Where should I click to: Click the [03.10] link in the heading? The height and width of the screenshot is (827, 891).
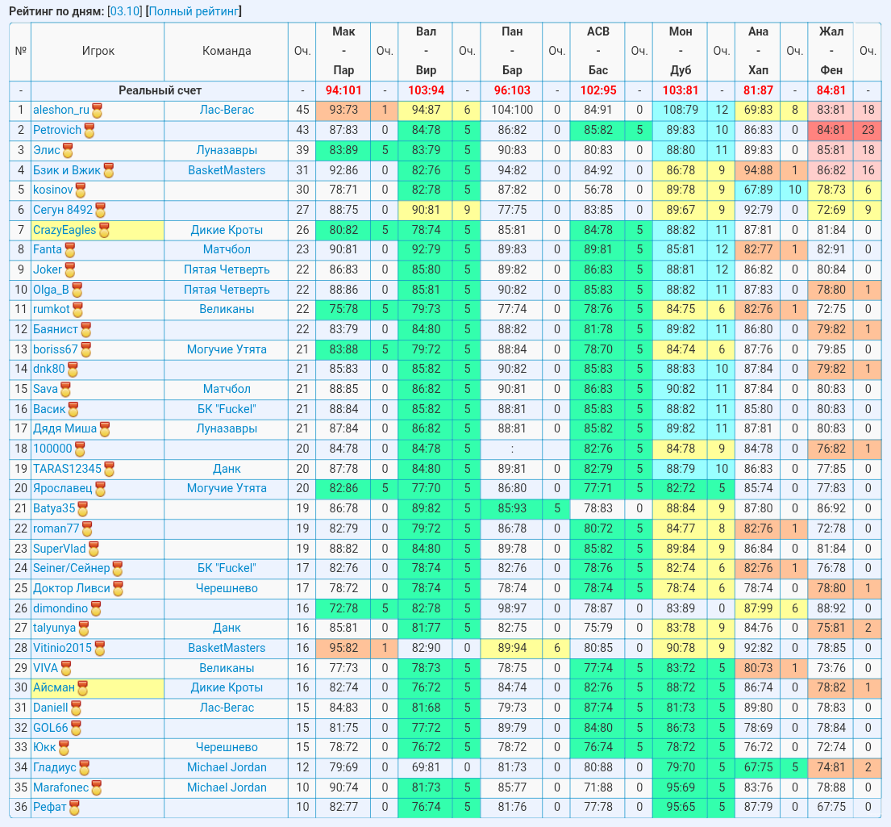click(x=124, y=10)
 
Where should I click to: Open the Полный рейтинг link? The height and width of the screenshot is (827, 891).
click(x=194, y=10)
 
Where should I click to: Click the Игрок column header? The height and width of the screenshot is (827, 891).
click(x=98, y=51)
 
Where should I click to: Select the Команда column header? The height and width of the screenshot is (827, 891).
click(x=226, y=51)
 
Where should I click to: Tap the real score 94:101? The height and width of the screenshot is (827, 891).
click(x=343, y=90)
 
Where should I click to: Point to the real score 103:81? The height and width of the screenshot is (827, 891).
click(x=681, y=90)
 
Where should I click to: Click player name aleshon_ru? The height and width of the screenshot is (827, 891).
click(x=60, y=110)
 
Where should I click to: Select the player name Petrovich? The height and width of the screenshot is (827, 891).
click(x=56, y=130)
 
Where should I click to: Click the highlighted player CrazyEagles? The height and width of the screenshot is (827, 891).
click(x=65, y=230)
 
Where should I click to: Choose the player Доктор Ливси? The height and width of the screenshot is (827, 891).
click(x=71, y=588)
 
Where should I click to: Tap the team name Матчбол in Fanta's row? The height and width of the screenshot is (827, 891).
click(x=226, y=249)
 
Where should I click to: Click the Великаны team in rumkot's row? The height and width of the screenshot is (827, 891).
click(x=226, y=309)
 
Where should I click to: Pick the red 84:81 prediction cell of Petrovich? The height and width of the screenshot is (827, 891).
click(x=831, y=130)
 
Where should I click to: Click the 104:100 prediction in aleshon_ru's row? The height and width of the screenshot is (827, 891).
click(x=511, y=110)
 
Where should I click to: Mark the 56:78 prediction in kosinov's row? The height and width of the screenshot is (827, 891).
click(x=597, y=190)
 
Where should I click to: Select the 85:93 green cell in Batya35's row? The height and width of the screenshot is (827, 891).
click(x=511, y=508)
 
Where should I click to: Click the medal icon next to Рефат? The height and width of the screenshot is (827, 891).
click(x=74, y=808)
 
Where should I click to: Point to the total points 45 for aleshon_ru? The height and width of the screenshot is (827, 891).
click(x=302, y=110)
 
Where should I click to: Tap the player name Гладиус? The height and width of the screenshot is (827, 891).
click(x=54, y=767)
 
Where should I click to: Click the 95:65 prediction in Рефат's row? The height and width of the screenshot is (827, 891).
click(x=681, y=807)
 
